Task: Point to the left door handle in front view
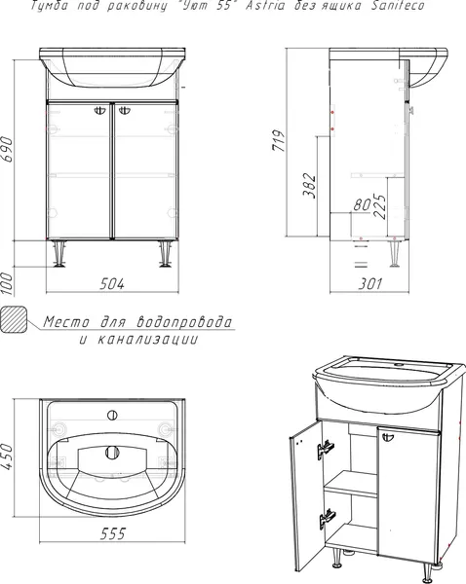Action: (x=101, y=113)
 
